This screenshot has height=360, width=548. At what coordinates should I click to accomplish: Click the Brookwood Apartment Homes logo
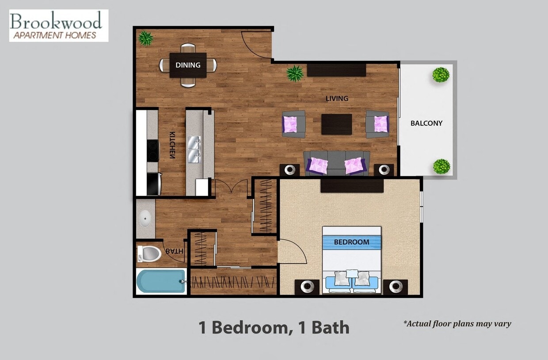[58, 26]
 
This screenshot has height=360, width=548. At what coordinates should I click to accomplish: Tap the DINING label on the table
[188, 65]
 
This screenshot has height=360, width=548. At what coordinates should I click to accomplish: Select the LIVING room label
[337, 98]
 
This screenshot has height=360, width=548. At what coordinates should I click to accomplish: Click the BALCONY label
[426, 123]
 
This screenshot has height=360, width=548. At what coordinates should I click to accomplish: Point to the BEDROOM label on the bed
[351, 242]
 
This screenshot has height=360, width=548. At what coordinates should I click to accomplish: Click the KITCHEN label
[172, 145]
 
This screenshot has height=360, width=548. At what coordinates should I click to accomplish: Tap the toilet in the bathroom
[149, 254]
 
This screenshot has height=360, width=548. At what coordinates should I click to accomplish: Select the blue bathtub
[160, 281]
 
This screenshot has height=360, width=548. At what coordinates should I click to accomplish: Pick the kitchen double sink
[194, 149]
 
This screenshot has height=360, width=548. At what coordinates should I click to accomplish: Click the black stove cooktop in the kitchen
[153, 150]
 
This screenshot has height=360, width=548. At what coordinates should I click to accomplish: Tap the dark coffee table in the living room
[336, 124]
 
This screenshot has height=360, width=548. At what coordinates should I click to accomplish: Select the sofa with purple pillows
[337, 164]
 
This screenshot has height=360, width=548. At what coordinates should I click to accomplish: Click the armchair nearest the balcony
[377, 124]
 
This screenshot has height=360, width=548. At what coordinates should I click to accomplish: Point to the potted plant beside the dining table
[145, 38]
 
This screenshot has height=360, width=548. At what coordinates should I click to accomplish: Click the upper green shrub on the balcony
[441, 75]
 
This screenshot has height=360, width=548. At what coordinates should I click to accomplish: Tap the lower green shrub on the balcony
[441, 167]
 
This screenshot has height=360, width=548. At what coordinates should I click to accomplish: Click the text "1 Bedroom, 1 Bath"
[274, 328]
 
